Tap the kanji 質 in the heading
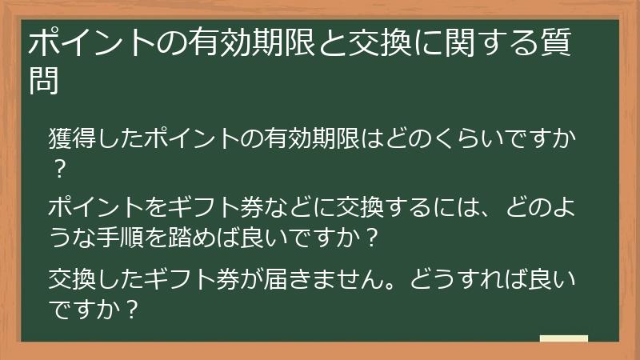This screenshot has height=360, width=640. tap(555, 42)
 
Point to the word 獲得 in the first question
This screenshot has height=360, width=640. tap(72, 138)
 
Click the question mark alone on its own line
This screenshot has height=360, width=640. tap(60, 169)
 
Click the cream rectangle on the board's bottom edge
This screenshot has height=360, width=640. tap(564, 338)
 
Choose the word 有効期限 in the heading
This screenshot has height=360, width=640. tap(252, 42)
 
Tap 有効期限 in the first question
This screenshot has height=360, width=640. tap(311, 138)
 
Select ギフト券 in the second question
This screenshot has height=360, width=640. tap(215, 207)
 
